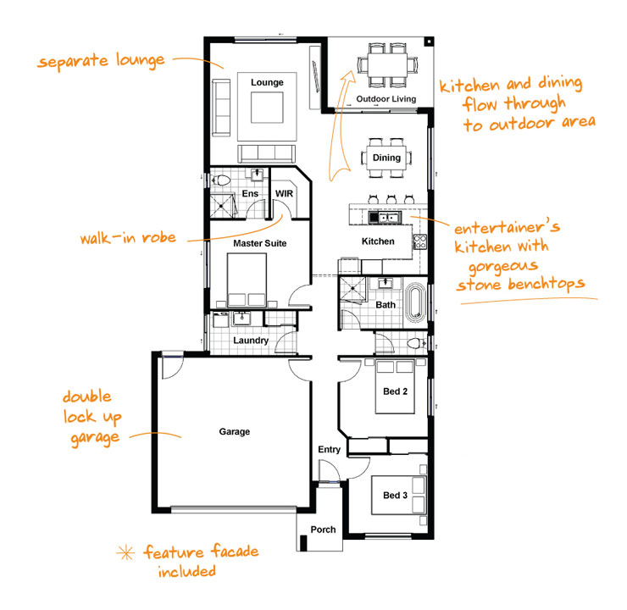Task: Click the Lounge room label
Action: pos(267,82)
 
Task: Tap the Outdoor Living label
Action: pos(386,100)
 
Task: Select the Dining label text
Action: pos(386,158)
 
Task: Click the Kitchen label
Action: pos(378,241)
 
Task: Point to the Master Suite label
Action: pos(260,243)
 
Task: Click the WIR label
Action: pos(284,193)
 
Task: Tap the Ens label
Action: pos(250,194)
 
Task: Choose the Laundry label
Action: pos(252,341)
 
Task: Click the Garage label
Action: pos(235,432)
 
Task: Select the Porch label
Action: pos(323,530)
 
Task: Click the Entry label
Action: pos(329,450)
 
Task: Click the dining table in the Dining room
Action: pos(387,158)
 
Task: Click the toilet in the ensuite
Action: pos(222,180)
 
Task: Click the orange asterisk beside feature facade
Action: pos(128,553)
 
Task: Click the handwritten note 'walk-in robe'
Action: pos(129,238)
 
